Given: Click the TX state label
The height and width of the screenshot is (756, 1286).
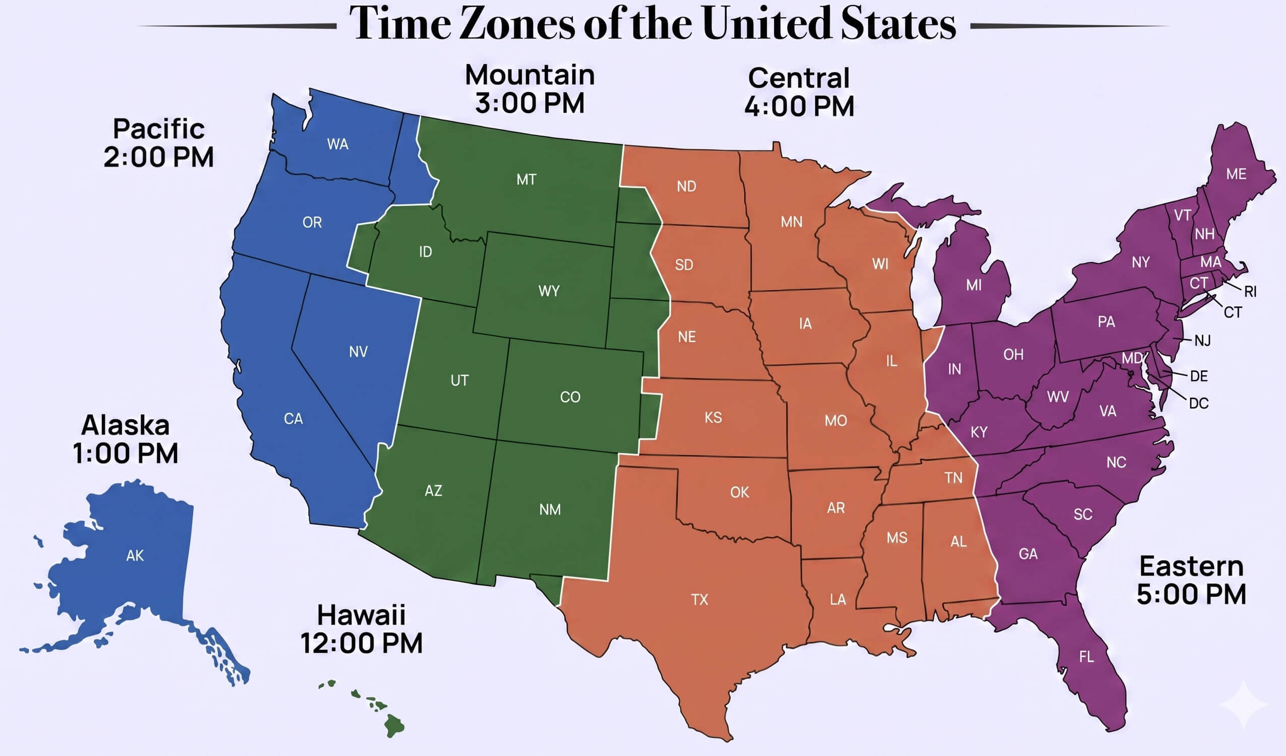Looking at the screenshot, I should coord(699,599).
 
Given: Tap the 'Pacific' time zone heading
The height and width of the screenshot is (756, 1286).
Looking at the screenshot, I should coord(159,129).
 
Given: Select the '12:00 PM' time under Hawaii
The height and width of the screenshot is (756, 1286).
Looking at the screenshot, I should coord(361,643).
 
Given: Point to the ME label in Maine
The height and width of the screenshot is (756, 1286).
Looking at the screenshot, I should coord(1236,174).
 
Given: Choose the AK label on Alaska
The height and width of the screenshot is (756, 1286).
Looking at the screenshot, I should coord(135,556).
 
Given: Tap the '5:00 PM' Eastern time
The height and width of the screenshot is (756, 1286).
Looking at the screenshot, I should coord(1191,595).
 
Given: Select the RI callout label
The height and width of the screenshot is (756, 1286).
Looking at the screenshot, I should coord(1250,292).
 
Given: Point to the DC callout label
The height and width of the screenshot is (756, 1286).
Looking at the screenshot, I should coord(1198,404).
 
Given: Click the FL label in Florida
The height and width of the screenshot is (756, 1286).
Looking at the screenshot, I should coord(1086,657).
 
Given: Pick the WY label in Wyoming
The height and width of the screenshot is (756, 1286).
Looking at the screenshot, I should coord(549,291).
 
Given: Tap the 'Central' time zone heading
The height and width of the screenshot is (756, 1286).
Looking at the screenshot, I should coord(799,78).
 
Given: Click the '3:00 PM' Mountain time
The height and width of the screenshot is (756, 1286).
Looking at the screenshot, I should coord(530,103).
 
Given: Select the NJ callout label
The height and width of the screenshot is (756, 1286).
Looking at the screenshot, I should coord(1202,341).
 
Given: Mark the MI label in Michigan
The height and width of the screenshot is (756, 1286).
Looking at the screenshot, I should coord(974,285).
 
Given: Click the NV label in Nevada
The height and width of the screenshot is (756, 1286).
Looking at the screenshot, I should coord(358,351).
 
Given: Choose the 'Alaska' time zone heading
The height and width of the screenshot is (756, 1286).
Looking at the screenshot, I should coord(126,425).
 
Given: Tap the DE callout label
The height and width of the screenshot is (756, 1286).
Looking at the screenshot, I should coord(1199,376).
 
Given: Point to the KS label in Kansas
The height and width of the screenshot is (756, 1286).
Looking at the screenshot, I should coord(713,417).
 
